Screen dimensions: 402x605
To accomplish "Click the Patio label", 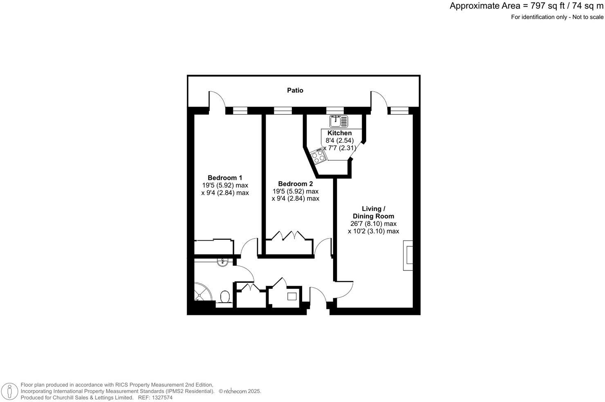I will pyautogui.click(x=295, y=90).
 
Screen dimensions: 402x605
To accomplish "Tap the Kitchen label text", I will pyautogui.click(x=339, y=133).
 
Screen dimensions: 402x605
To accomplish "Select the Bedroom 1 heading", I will pyautogui.click(x=225, y=178).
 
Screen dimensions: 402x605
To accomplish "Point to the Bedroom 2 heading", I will pyautogui.click(x=295, y=184).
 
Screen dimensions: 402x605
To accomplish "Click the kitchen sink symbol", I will pyautogui.click(x=338, y=121).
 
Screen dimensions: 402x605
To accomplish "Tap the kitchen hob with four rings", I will pyautogui.click(x=318, y=156).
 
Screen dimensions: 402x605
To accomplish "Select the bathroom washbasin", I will pyautogui.click(x=222, y=262).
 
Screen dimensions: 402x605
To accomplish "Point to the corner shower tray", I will pyautogui.click(x=202, y=292).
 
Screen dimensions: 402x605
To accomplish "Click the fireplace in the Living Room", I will pyautogui.click(x=408, y=256).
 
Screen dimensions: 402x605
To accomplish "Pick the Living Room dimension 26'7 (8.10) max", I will pyautogui.click(x=373, y=224).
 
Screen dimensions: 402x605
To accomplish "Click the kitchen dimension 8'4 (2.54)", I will pyautogui.click(x=339, y=141).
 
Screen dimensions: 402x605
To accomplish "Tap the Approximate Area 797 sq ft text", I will pyautogui.click(x=527, y=6).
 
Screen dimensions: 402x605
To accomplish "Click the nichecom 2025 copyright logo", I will pyautogui.click(x=240, y=391).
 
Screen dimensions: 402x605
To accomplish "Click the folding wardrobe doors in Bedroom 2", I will pyautogui.click(x=288, y=236).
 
